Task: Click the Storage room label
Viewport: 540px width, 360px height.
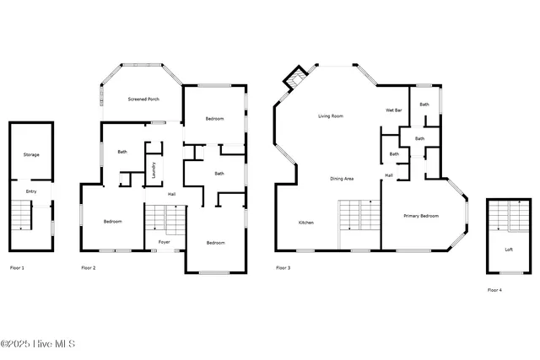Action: (31, 154)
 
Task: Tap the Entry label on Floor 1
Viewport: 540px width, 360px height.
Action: (31, 191)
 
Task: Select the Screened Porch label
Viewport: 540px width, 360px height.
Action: (143, 99)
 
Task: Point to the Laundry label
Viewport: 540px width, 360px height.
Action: (154, 170)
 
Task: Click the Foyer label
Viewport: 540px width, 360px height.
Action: (165, 241)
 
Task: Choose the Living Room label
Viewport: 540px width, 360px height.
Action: (330, 116)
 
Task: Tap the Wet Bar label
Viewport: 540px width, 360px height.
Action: (392, 110)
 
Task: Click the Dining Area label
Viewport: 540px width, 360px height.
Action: (341, 179)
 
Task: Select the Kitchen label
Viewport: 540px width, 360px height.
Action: (306, 223)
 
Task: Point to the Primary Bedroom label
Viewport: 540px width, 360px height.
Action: (421, 217)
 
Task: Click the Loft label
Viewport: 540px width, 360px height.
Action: (509, 250)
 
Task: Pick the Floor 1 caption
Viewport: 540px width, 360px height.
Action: (17, 268)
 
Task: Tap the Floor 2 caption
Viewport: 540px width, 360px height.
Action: (89, 268)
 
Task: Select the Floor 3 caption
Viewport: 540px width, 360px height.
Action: (283, 268)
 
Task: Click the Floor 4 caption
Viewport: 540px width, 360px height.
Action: (494, 290)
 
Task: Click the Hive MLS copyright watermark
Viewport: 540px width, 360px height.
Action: (38, 344)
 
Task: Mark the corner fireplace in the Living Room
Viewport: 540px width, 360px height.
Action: (294, 80)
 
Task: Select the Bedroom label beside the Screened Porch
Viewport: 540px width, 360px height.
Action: (214, 119)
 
